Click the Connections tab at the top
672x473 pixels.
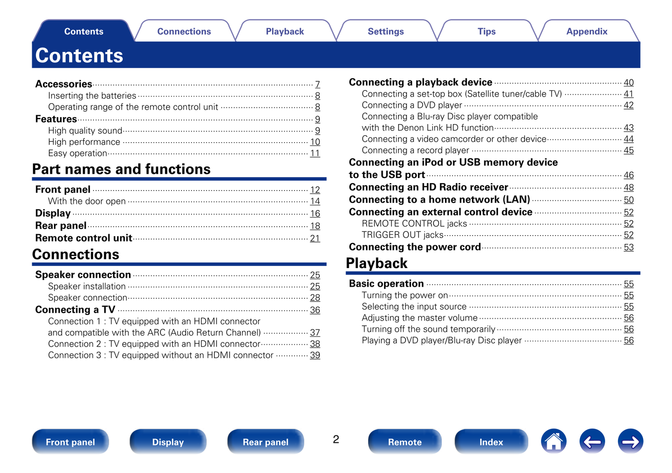point(184,32)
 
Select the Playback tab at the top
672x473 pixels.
point(285,32)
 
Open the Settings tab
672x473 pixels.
point(386,32)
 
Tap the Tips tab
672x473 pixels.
point(486,32)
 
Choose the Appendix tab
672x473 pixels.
point(587,32)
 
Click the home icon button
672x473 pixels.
point(553,441)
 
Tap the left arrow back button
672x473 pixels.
point(592,441)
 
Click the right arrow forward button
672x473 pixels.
point(630,441)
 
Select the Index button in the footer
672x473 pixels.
point(491,442)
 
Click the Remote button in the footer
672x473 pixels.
point(405,442)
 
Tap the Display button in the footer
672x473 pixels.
point(168,442)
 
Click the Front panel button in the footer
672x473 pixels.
point(70,442)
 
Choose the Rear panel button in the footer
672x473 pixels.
point(266,442)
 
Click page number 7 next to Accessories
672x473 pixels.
point(317,84)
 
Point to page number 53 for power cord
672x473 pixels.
point(628,247)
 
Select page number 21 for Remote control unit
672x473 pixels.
point(315,238)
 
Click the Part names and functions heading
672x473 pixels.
point(121,169)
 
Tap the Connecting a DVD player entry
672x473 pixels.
point(412,105)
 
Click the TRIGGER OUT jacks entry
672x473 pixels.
point(402,235)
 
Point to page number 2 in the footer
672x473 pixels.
point(336,440)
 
